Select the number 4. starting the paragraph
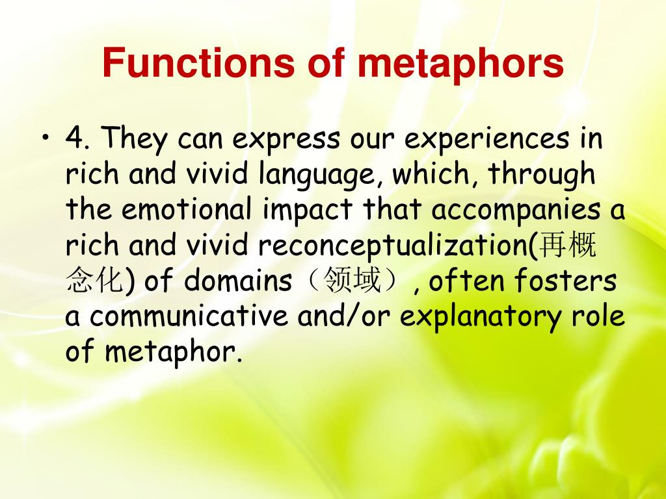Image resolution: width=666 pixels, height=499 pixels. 79,138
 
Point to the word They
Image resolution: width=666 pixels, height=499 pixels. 135,138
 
